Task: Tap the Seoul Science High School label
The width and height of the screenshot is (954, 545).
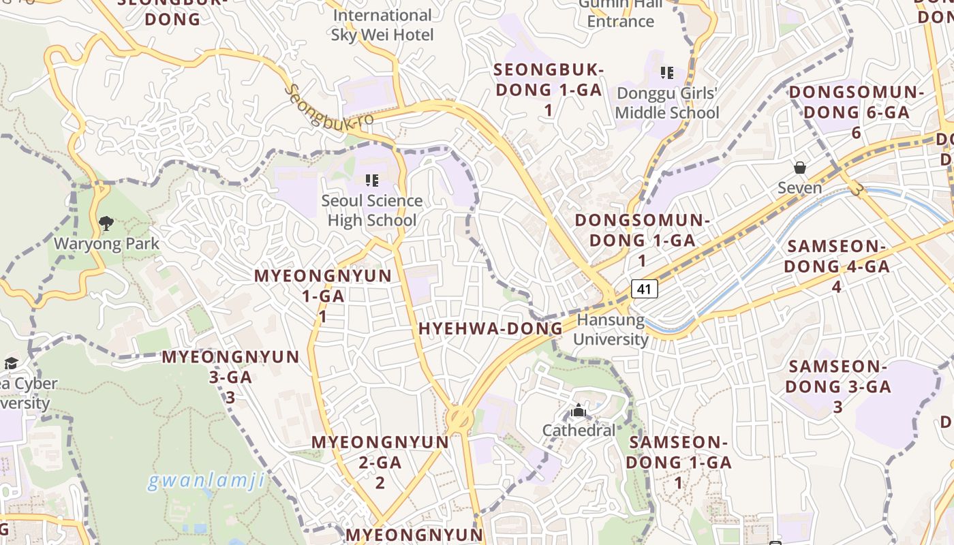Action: [x=371, y=211]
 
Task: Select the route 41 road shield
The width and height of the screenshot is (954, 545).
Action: [x=644, y=289]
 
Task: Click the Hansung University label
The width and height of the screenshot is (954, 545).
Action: [x=611, y=330]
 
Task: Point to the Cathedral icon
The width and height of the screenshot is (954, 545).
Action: [x=579, y=411]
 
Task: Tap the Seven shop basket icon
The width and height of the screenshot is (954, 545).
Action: [x=800, y=168]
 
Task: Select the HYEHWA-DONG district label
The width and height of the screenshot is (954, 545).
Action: [x=491, y=329]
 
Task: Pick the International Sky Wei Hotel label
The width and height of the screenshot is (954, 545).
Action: [x=382, y=25]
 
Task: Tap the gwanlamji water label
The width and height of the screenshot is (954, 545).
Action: [x=206, y=481]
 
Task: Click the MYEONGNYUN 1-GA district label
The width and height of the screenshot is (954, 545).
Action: [x=323, y=296]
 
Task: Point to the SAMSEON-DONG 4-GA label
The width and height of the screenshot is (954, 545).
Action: [x=837, y=266]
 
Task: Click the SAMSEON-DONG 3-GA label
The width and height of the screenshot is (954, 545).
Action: [x=838, y=386]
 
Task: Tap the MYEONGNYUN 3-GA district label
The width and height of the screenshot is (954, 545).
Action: [x=230, y=377]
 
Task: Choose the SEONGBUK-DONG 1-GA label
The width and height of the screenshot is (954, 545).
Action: [x=549, y=89]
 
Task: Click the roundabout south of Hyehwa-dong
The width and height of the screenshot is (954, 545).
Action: [x=459, y=417]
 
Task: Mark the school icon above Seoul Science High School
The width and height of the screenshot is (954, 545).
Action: [x=371, y=181]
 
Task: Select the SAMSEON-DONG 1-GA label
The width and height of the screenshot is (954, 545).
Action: [x=679, y=462]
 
